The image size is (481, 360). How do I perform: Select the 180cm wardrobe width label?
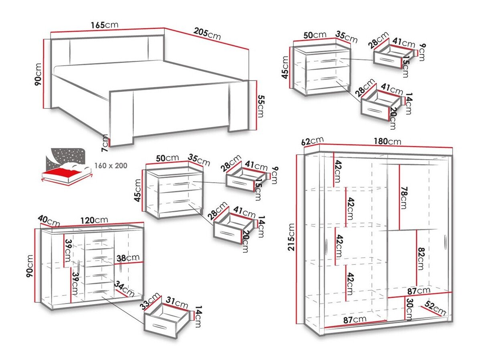pos(388,141)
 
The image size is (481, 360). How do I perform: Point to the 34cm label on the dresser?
pos(124,288)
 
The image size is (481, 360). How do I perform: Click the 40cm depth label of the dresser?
pos(49,220)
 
